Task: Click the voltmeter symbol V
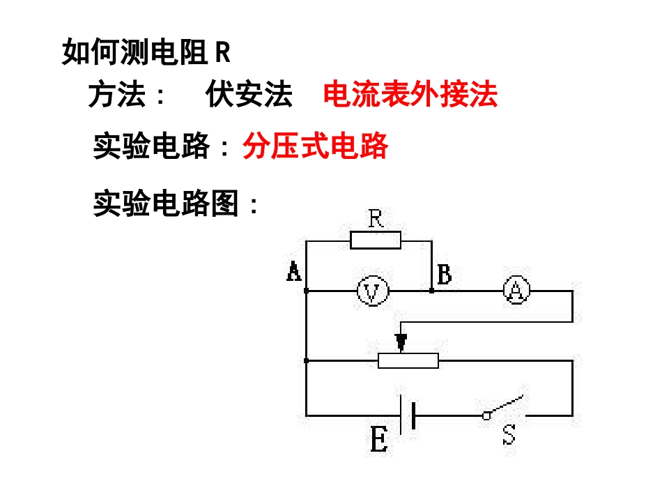(x=372, y=291)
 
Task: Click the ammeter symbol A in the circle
(x=516, y=291)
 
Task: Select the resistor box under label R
(x=376, y=240)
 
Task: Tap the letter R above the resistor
(x=376, y=219)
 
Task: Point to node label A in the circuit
(x=294, y=272)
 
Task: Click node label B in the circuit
(x=444, y=275)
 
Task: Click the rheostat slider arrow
(x=401, y=341)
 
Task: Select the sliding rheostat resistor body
(x=408, y=360)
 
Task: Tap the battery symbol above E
(x=408, y=415)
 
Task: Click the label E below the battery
(x=378, y=441)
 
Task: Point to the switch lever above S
(x=503, y=407)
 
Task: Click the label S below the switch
(x=509, y=436)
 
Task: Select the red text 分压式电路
(x=315, y=146)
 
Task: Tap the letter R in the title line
(x=222, y=52)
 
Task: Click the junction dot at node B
(x=432, y=291)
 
